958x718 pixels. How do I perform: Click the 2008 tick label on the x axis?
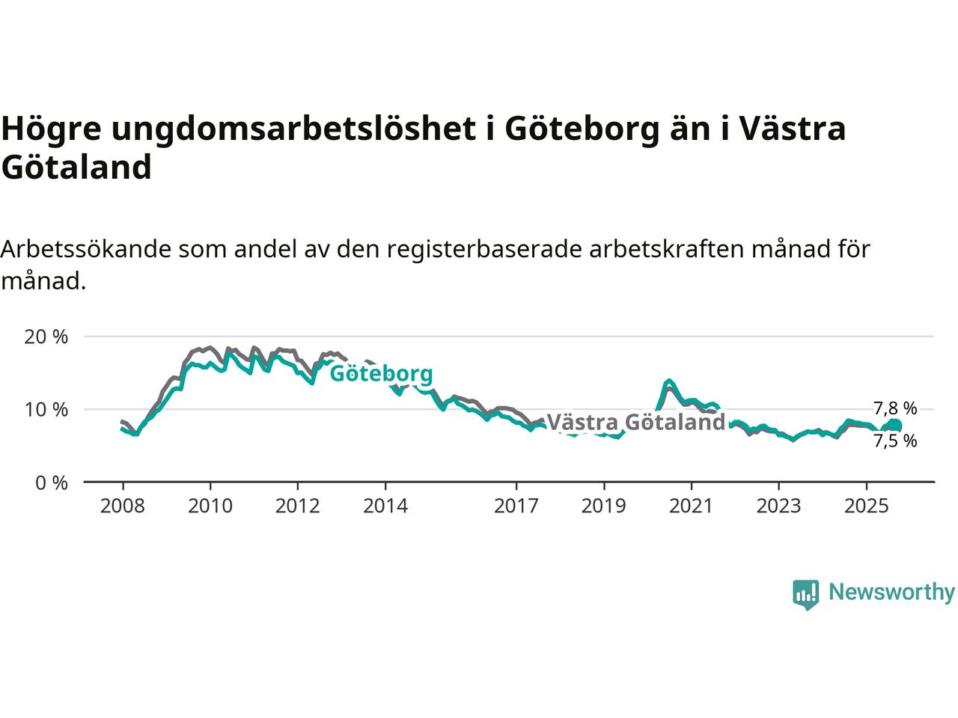pyautogui.click(x=123, y=506)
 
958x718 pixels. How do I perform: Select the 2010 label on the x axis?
pyautogui.click(x=210, y=506)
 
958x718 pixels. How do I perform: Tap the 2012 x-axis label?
pyautogui.click(x=298, y=506)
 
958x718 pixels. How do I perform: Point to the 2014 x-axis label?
pyautogui.click(x=385, y=506)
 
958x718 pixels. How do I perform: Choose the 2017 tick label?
pyautogui.click(x=516, y=506)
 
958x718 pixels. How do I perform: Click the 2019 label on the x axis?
pyautogui.click(x=604, y=506)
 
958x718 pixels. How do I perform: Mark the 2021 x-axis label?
pyautogui.click(x=691, y=506)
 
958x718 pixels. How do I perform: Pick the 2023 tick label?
pyautogui.click(x=778, y=506)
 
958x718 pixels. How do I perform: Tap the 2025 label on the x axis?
pyautogui.click(x=866, y=506)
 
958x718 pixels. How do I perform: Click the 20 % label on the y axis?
pyautogui.click(x=46, y=337)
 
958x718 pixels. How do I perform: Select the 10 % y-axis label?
pyautogui.click(x=46, y=410)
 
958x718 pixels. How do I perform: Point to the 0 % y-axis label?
pyautogui.click(x=52, y=483)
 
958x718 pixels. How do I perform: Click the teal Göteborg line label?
pyautogui.click(x=381, y=373)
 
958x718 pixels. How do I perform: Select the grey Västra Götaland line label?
pyautogui.click(x=636, y=423)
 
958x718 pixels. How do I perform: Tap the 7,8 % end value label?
pyautogui.click(x=895, y=408)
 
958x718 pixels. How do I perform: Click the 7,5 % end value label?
pyautogui.click(x=895, y=441)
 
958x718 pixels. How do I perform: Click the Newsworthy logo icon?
pyautogui.click(x=806, y=594)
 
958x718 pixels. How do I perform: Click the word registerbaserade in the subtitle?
pyautogui.click(x=484, y=249)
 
